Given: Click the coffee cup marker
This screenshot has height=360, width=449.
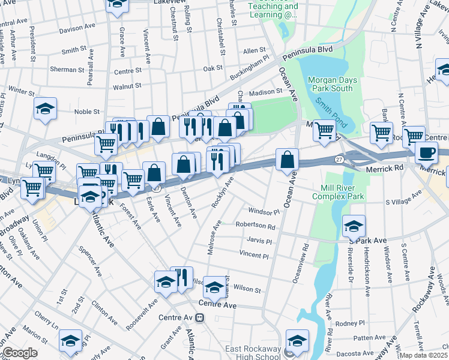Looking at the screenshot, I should (426, 152).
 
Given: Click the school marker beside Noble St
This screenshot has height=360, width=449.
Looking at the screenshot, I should (46, 109).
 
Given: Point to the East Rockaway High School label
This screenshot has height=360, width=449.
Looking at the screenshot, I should (253, 353).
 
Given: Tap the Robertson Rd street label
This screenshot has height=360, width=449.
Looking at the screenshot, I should (255, 227).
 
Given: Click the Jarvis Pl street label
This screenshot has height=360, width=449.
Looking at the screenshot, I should (259, 241).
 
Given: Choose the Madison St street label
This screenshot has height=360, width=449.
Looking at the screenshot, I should (265, 92).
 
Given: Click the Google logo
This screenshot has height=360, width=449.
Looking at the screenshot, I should (19, 353).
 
